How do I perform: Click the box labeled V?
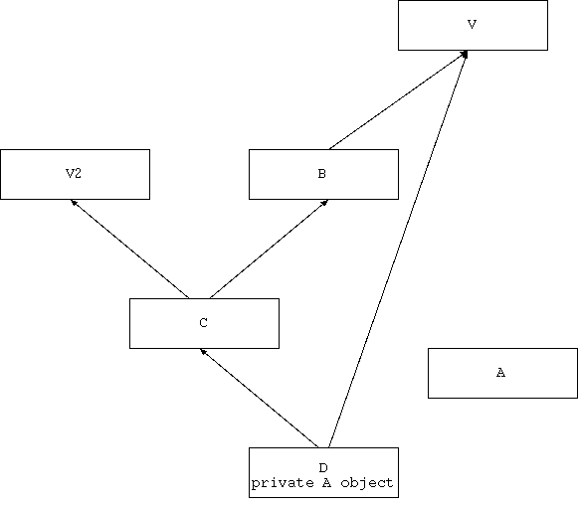473,26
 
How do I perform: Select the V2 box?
76,174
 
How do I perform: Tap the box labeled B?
323,174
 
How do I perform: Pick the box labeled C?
204,323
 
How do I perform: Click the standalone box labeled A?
502,373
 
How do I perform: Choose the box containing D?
323,473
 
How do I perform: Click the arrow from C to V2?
129,250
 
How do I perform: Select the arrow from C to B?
269,250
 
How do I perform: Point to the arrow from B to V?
398,100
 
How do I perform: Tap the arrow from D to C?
259,399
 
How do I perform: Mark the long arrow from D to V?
398,250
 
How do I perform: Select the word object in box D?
367,483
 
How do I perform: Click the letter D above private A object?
323,468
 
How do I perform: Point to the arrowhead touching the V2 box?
74,202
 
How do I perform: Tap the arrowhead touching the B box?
325,202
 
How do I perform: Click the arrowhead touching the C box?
202,352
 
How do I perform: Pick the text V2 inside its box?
74,173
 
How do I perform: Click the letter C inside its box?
204,323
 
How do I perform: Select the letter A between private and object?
326,483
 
